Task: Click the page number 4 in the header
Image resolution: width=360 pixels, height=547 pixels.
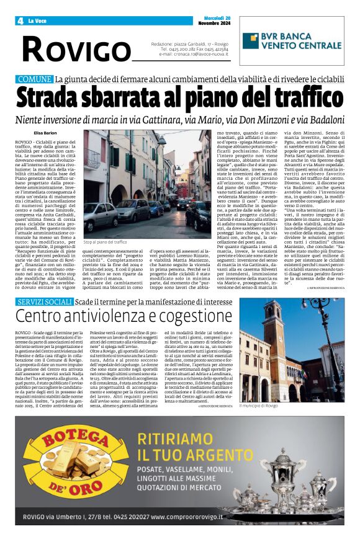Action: [x=20, y=20]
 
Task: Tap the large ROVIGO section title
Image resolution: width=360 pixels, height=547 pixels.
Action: [x=76, y=49]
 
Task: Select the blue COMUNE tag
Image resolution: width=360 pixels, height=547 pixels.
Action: [x=34, y=79]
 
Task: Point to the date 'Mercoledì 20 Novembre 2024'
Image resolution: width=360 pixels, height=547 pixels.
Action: [x=212, y=20]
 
